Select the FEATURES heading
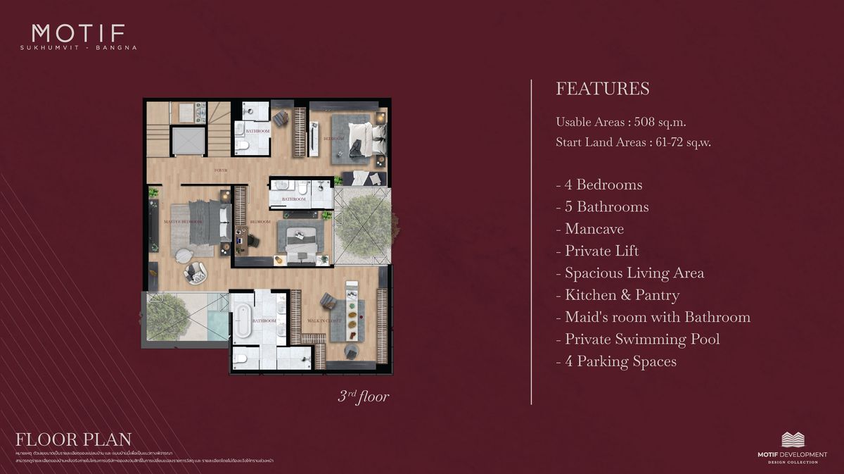click(x=602, y=89)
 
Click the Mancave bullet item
click(x=594, y=229)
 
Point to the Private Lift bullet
click(x=601, y=251)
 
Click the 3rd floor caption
click(x=363, y=397)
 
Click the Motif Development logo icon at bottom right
click(x=793, y=439)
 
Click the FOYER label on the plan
click(x=222, y=170)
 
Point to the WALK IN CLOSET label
click(x=324, y=321)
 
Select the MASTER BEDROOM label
click(x=183, y=222)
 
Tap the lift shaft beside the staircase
click(x=186, y=142)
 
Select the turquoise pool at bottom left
click(x=217, y=325)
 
